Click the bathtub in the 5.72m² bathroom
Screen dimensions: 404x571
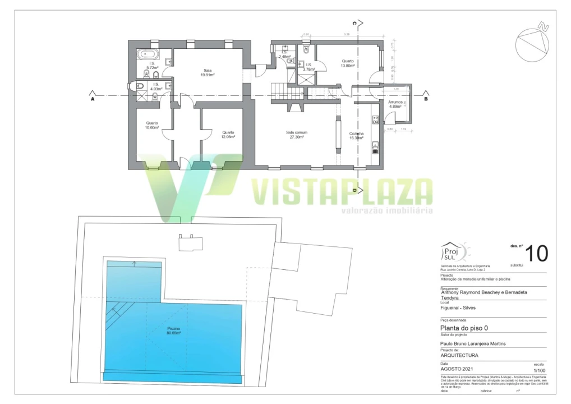point(149,55)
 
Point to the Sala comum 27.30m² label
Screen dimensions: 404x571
point(296,135)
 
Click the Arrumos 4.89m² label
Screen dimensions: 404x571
point(395,104)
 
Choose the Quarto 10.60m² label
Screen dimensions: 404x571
point(152,125)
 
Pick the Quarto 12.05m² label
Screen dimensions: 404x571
point(228,135)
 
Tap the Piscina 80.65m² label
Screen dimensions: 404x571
point(173,330)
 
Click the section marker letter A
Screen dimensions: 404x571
point(91,99)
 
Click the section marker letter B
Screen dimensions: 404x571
point(426,99)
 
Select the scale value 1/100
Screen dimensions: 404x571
point(538,370)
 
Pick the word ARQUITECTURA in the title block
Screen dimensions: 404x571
point(459,356)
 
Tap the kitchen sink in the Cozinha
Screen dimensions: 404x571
point(375,148)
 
